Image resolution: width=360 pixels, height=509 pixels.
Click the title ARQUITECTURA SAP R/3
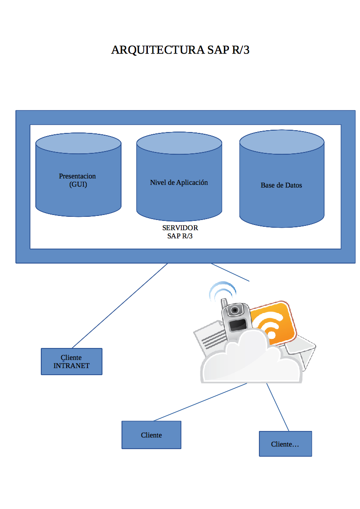point(180,50)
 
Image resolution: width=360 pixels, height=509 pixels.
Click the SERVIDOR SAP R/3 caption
point(180,232)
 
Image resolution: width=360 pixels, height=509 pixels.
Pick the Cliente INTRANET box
point(72,362)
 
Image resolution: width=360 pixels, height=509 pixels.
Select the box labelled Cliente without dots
point(151,435)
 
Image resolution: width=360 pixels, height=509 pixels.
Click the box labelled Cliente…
point(285,444)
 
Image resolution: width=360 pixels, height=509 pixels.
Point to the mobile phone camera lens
point(234,310)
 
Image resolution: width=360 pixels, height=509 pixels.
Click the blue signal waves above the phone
point(222,290)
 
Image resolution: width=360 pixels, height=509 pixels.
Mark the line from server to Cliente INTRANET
point(120,305)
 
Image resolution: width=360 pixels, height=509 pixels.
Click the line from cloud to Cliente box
point(199,402)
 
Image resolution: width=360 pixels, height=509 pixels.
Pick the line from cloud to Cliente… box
point(277,406)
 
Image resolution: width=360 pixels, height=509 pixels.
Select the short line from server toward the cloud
point(230,272)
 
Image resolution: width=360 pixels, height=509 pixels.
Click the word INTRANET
point(72,366)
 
